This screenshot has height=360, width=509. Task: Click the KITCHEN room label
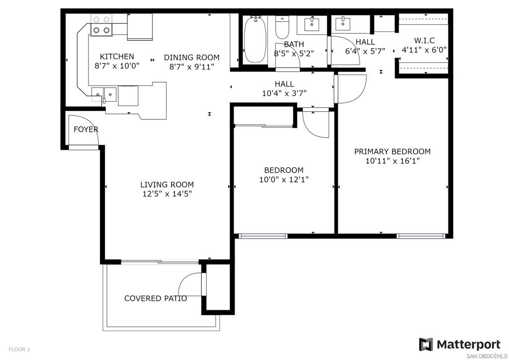117,57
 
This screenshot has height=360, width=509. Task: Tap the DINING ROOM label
191,58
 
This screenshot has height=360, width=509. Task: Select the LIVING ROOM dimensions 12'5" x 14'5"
167,194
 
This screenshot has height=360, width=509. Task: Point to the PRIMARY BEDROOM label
392,152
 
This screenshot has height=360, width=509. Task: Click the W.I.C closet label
424,41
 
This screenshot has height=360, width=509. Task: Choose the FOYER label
86,129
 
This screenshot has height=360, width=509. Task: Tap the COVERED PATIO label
156,298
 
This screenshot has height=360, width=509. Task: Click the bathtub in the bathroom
255,39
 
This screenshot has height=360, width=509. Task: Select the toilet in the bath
282,27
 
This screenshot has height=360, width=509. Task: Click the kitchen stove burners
101,25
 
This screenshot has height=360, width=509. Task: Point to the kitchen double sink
104,94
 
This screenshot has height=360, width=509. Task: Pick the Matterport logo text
468,344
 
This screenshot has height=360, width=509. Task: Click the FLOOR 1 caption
19,350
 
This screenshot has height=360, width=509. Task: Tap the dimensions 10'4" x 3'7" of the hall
284,93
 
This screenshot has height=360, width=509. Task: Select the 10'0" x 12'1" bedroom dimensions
284,180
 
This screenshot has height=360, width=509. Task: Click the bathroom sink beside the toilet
312,24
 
